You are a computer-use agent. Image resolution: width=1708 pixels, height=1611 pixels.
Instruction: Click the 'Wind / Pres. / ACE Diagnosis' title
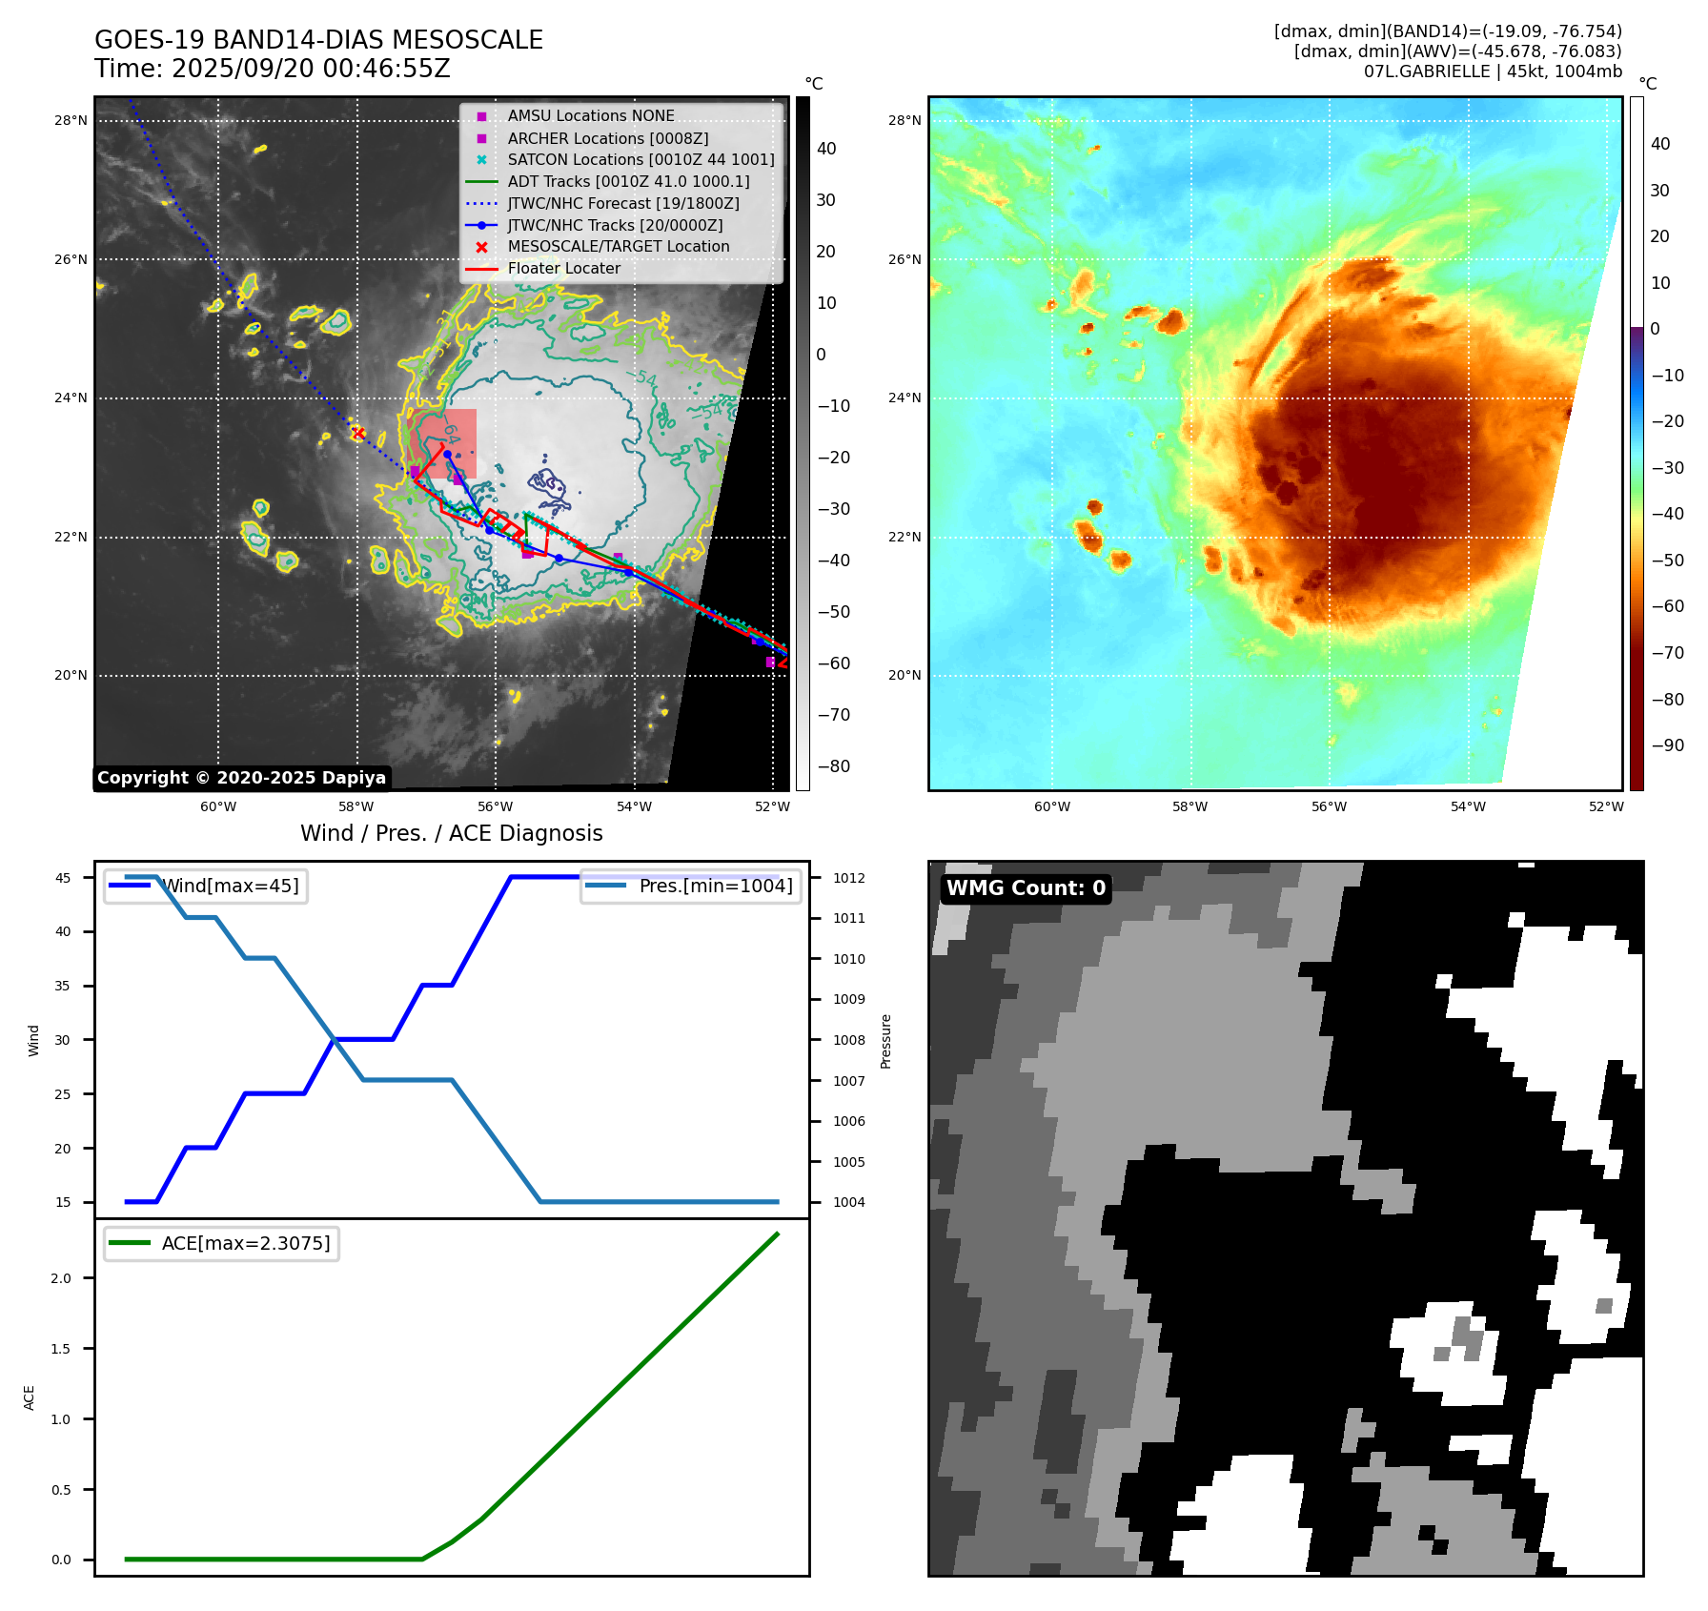pyautogui.click(x=451, y=833)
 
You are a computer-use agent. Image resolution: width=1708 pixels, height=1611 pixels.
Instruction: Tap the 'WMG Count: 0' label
pyautogui.click(x=1026, y=888)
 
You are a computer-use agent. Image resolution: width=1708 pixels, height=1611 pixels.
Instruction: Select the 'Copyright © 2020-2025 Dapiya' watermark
pyautogui.click(x=241, y=778)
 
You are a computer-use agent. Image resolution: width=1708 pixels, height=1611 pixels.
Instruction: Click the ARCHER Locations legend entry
pyautogui.click(x=607, y=138)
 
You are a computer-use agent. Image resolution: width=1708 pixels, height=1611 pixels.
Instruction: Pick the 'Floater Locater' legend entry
pyautogui.click(x=563, y=269)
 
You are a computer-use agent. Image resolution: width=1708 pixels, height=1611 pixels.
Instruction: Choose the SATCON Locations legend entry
pyautogui.click(x=640, y=160)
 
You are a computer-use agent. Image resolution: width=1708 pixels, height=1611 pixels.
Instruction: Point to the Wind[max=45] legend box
pyautogui.click(x=206, y=886)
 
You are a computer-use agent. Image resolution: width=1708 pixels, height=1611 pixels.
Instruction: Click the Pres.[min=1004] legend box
pyautogui.click(x=690, y=886)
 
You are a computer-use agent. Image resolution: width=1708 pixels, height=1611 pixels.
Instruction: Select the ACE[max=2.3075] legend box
pyautogui.click(x=221, y=1243)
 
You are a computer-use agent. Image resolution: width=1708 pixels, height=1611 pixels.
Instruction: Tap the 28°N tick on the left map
pyautogui.click(x=71, y=121)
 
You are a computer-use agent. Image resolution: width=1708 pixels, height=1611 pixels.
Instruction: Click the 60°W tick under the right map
pyautogui.click(x=1052, y=806)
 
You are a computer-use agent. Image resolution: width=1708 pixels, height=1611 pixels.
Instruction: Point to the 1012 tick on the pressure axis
pyautogui.click(x=849, y=878)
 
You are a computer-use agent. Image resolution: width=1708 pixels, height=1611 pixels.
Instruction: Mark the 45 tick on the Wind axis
pyautogui.click(x=63, y=878)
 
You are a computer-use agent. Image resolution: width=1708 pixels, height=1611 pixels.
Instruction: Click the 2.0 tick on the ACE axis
pyautogui.click(x=61, y=1278)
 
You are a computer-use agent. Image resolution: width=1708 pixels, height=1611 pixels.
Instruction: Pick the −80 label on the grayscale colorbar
pyautogui.click(x=834, y=766)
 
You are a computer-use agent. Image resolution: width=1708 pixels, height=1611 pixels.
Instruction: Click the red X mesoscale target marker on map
pyautogui.click(x=358, y=434)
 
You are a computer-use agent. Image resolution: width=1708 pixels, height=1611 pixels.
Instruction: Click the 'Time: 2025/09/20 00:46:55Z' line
pyautogui.click(x=273, y=69)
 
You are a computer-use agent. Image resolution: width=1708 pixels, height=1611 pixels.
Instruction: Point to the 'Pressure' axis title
pyautogui.click(x=885, y=1041)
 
